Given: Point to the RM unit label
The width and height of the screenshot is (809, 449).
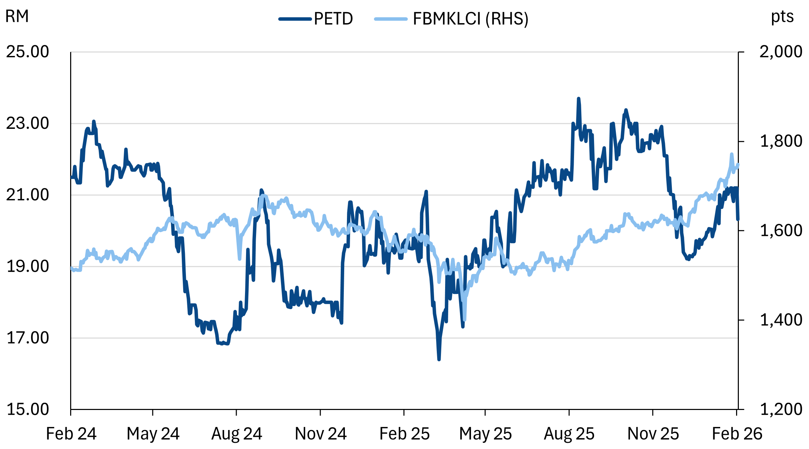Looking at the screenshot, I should tap(17, 16).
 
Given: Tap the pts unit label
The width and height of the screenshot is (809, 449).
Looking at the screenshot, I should tap(782, 16).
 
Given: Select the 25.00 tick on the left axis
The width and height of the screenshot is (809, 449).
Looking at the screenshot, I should tap(28, 52).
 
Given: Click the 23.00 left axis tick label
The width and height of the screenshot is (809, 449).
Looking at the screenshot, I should tap(28, 123).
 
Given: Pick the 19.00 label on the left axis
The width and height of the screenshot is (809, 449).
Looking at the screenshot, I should tap(28, 266).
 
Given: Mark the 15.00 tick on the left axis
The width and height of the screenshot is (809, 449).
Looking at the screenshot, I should tap(28, 409).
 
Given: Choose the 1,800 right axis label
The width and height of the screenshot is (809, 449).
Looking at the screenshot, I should tap(781, 141).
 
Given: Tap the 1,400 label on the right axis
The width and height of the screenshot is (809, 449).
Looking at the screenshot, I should tap(781, 320).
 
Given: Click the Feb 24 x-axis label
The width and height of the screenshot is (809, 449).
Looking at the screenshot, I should tap(71, 434).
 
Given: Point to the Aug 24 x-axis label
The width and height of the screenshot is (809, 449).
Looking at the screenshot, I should tap(237, 434).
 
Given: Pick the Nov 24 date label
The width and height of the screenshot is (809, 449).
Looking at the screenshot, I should tap(321, 434).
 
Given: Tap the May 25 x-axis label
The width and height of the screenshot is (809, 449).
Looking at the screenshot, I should tap(485, 434).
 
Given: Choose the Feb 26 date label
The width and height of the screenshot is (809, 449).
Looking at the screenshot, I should tap(737, 434).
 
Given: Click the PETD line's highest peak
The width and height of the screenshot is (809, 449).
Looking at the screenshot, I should tap(578, 99).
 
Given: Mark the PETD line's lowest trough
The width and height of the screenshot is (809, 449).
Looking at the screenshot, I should tap(439, 359).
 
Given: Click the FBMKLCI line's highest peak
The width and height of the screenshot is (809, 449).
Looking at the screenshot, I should tap(732, 154).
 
